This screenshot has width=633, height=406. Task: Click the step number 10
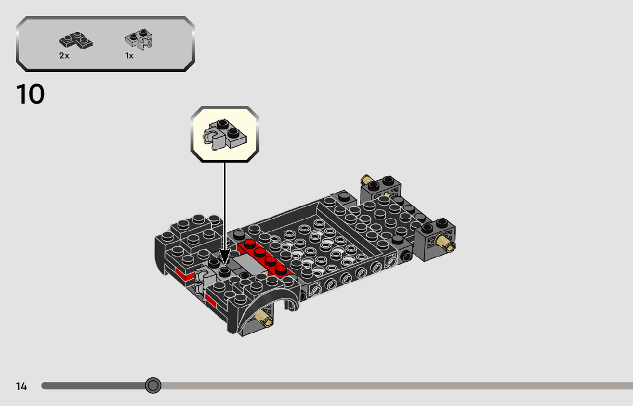click(x=30, y=94)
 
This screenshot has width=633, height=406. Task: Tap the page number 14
click(x=21, y=387)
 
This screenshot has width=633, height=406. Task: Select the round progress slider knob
click(x=153, y=385)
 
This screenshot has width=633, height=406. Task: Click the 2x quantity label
click(x=64, y=56)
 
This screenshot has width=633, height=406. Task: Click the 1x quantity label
click(x=129, y=56)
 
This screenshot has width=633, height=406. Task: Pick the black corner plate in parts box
click(x=76, y=41)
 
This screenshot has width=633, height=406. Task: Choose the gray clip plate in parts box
click(x=139, y=39)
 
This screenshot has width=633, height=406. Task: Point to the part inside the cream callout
click(x=224, y=135)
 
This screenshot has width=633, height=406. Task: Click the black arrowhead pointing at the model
click(x=224, y=257)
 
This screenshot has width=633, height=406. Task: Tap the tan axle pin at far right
click(x=444, y=243)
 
